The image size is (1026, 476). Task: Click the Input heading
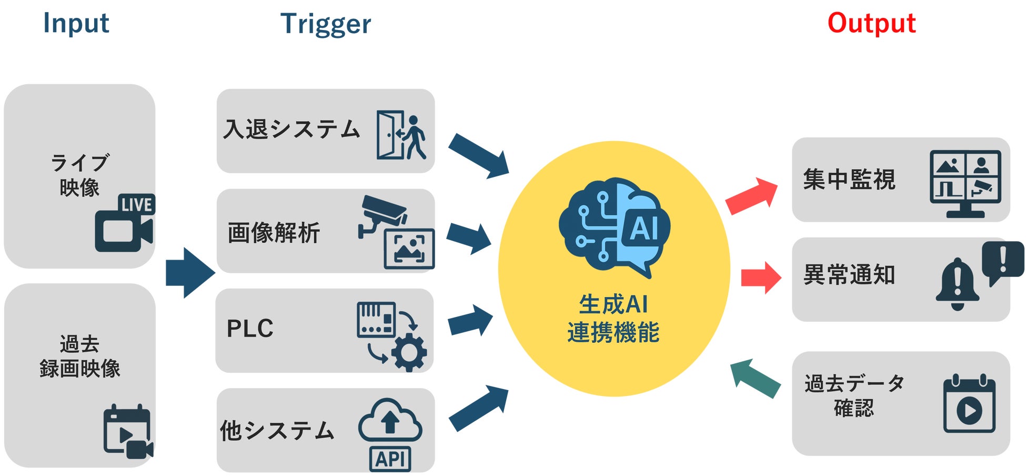tap(76, 23)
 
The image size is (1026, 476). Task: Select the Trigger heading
tap(326, 24)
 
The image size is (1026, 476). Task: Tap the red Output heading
tap(871, 23)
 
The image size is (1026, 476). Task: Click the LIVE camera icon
tap(125, 223)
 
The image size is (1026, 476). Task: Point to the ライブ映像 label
tap(79, 175)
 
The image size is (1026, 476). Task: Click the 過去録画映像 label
tap(79, 356)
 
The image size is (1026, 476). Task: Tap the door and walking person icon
tap(401, 135)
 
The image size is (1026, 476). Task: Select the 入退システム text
tap(291, 130)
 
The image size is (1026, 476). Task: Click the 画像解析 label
tap(274, 233)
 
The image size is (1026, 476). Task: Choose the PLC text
tap(250, 329)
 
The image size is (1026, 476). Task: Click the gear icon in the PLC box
tap(409, 352)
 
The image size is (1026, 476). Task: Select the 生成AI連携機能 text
tap(613, 319)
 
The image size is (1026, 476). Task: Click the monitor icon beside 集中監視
tap(965, 183)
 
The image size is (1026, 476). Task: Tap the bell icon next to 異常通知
tap(957, 284)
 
